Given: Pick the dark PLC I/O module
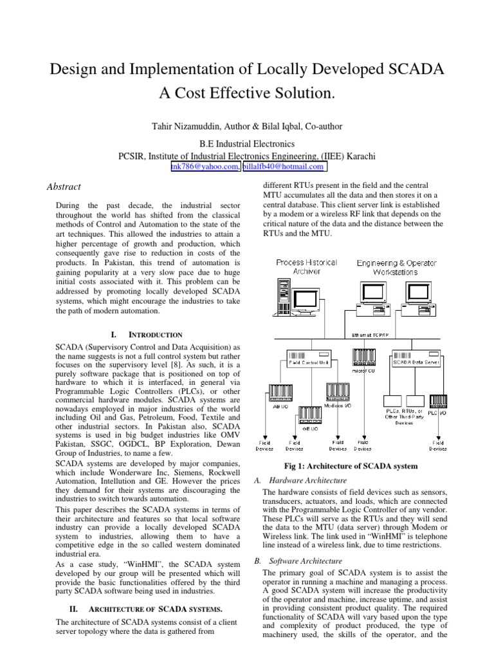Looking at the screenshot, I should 437,402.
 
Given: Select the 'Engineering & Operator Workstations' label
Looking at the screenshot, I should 396,267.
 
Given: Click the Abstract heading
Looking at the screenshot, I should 64,187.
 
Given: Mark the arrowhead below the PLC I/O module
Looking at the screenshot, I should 437,434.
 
